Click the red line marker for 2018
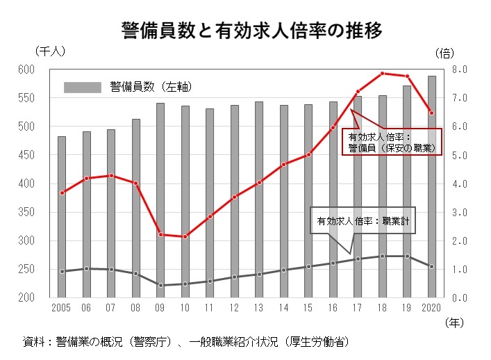(x=382, y=74)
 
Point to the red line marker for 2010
(x=185, y=237)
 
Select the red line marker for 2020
(x=431, y=113)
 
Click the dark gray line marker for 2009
(x=160, y=285)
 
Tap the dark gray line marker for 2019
(x=407, y=256)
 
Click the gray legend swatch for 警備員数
(x=82, y=88)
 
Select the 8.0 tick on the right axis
(x=463, y=69)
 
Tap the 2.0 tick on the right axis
(x=463, y=241)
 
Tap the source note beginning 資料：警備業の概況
(x=185, y=341)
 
